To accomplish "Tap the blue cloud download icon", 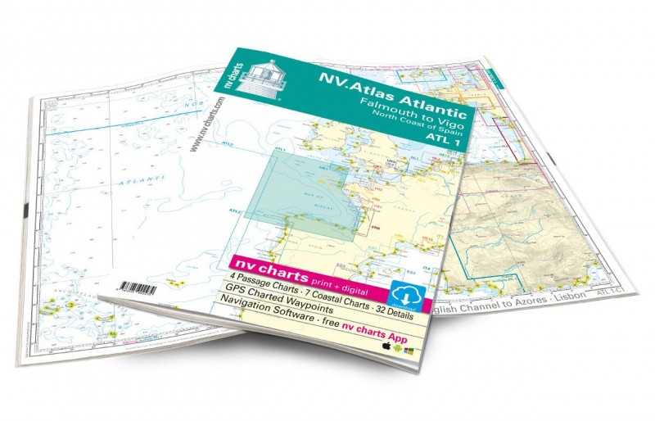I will point(408,293).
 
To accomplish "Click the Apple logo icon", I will point(386,346).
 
